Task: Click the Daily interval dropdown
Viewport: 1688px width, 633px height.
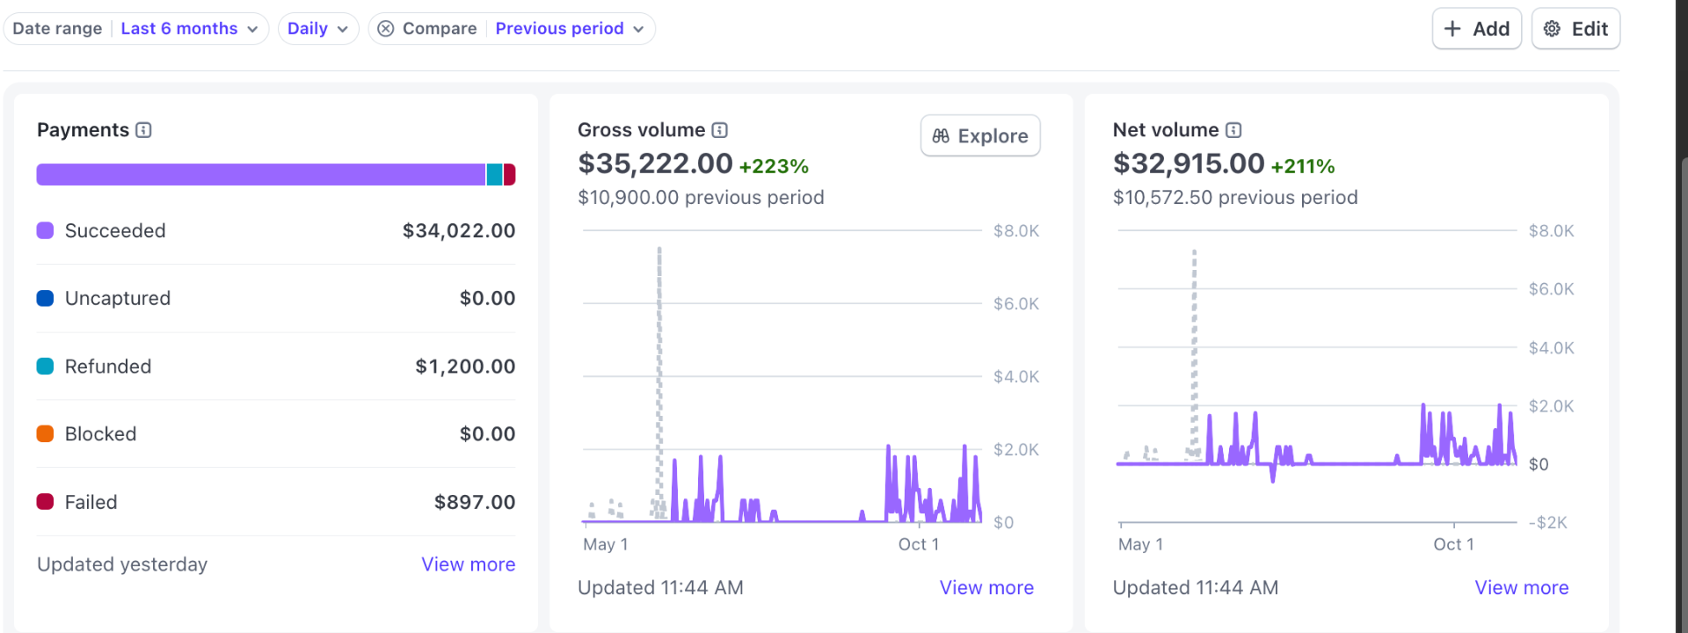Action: tap(317, 29)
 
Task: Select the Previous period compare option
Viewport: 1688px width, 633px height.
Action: tap(569, 29)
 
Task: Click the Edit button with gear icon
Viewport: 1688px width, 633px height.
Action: tap(1575, 29)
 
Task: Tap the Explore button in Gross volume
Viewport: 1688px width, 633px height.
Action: tap(980, 136)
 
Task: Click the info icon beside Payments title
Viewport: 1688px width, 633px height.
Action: tap(144, 130)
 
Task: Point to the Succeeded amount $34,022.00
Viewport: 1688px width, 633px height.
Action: tap(458, 231)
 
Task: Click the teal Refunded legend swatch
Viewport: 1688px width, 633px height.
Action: tap(46, 367)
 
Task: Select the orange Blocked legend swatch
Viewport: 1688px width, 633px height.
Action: tap(46, 434)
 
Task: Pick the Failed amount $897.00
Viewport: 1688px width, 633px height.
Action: tap(474, 503)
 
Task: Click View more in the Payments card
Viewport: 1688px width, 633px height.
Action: tap(468, 564)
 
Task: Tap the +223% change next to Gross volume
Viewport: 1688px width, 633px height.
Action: tap(773, 166)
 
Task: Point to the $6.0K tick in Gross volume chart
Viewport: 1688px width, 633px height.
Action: tap(1015, 304)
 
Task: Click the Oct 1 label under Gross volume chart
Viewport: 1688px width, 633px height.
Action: tap(918, 544)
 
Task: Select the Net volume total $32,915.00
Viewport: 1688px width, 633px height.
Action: tap(1188, 164)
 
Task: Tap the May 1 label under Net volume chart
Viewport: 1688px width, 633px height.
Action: tap(1140, 544)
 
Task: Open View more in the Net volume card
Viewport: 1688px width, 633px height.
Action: tap(1521, 587)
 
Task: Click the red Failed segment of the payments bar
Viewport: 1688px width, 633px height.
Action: tap(509, 175)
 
